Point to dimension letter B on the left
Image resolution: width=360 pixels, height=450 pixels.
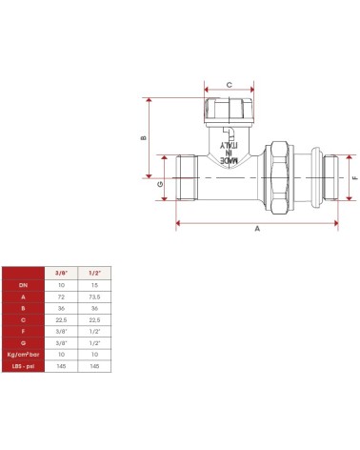(x=143, y=137)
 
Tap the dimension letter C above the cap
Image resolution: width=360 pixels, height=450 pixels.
(x=229, y=86)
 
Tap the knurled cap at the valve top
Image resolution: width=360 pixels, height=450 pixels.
(x=229, y=111)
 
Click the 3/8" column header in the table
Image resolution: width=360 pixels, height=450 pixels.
(x=62, y=272)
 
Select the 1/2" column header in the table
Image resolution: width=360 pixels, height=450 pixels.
(x=94, y=272)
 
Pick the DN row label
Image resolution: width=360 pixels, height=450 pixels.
(x=24, y=285)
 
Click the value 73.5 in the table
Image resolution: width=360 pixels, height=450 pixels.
(x=94, y=297)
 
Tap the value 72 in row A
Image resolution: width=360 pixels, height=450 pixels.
(x=62, y=297)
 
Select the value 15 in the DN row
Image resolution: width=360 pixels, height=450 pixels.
(x=94, y=285)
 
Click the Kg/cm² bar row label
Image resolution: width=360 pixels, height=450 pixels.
(x=24, y=352)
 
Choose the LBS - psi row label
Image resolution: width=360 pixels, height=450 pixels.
(x=24, y=365)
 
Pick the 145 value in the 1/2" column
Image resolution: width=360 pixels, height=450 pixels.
(x=94, y=365)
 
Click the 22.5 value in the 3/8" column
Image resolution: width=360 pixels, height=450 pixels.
(x=62, y=320)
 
